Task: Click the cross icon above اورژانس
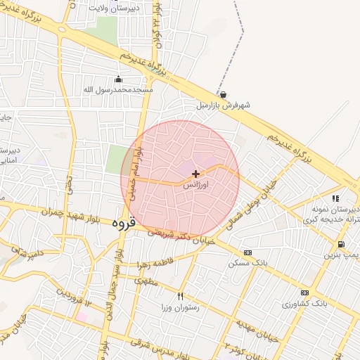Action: tap(195, 173)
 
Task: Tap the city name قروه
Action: tap(122, 222)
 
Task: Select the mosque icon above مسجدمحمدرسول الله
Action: tap(118, 79)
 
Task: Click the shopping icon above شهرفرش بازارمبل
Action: tap(223, 95)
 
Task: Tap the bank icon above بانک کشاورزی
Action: tap(304, 292)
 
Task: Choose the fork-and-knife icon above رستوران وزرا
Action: tap(181, 296)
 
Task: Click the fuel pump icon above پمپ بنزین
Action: tap(341, 244)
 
